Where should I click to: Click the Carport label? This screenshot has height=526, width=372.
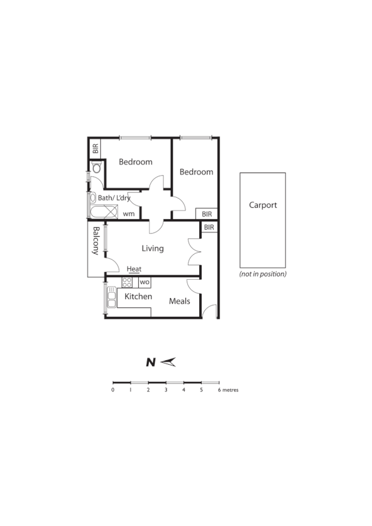pos(263,205)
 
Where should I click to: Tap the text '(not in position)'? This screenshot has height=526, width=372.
pos(263,274)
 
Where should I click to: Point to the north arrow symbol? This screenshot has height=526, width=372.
pos(168,362)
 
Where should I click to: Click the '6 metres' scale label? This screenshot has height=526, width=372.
pos(228,390)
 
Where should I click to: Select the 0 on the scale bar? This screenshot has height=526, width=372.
pos(113,390)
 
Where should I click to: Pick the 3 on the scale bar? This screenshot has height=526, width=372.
pos(166,390)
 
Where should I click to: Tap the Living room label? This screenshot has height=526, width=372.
pos(153,248)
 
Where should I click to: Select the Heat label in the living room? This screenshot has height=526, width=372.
pos(134,269)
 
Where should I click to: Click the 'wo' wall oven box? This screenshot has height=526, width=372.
pos(144,282)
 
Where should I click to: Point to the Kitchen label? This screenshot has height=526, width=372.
pos(138,296)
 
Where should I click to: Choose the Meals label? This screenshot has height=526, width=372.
pos(180,301)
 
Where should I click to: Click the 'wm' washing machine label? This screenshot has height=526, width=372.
pos(129,214)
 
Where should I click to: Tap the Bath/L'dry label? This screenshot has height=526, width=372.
pos(115,198)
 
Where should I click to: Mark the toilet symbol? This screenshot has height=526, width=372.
pos(96,168)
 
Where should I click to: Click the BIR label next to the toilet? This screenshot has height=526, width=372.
pos(95,149)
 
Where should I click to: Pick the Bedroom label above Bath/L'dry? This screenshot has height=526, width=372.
pos(136,162)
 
